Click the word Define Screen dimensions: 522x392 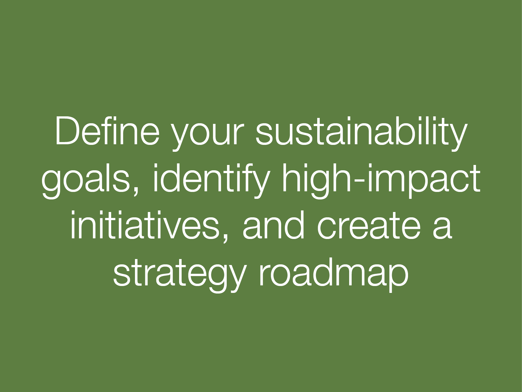coord(107,130)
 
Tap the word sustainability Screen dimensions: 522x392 coord(361,133)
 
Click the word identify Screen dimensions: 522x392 coord(211,181)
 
